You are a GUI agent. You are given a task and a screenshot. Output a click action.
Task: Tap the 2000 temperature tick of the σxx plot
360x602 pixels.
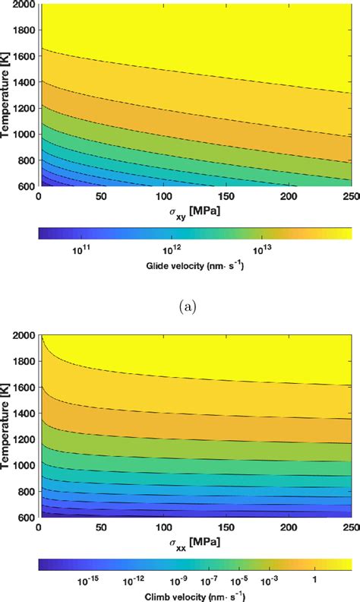click(23, 335)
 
